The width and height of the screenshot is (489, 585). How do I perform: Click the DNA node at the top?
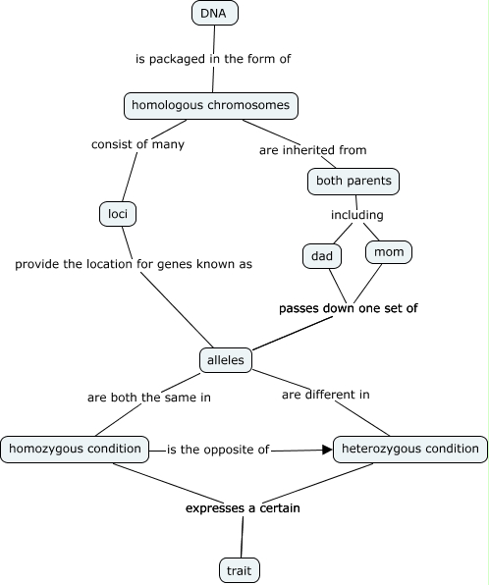pyautogui.click(x=213, y=13)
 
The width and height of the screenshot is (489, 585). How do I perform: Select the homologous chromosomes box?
pyautogui.click(x=211, y=105)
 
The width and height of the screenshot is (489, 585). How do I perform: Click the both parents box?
pyautogui.click(x=354, y=181)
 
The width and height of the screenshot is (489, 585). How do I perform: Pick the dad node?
pyautogui.click(x=321, y=256)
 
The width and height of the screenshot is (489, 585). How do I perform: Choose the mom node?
pyautogui.click(x=389, y=252)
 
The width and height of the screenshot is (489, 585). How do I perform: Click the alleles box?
pyautogui.click(x=226, y=360)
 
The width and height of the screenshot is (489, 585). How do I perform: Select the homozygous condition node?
pyautogui.click(x=75, y=450)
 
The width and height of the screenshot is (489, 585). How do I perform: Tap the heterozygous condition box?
pyautogui.click(x=409, y=450)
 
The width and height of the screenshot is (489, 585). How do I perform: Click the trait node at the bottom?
pyautogui.click(x=240, y=568)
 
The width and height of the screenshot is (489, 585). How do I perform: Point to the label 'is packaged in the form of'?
pyautogui.click(x=213, y=59)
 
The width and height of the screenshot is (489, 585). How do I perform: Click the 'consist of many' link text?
pyautogui.click(x=137, y=144)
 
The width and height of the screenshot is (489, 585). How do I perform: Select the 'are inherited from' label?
pyautogui.click(x=312, y=150)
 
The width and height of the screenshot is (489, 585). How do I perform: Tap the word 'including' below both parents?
pyautogui.click(x=355, y=215)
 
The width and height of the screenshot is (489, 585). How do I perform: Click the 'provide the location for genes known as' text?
pyautogui.click(x=134, y=264)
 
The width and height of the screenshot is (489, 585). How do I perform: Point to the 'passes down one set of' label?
pyautogui.click(x=349, y=308)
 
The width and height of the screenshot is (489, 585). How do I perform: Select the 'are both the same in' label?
pyautogui.click(x=149, y=398)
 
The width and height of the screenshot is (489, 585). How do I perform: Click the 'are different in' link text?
pyautogui.click(x=325, y=395)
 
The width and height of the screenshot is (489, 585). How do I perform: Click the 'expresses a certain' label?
pyautogui.click(x=243, y=508)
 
